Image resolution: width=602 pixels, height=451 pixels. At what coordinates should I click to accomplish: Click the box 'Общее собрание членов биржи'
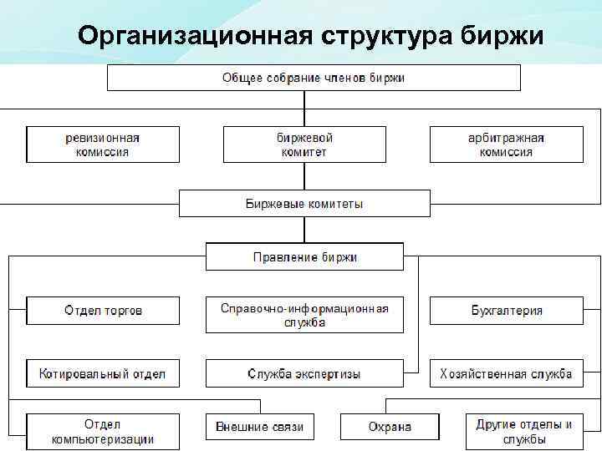pyautogui.click(x=313, y=78)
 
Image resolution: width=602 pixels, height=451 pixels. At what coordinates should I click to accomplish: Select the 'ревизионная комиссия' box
pyautogui.click(x=103, y=144)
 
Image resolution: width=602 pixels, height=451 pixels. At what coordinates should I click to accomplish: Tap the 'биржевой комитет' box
pyautogui.click(x=304, y=144)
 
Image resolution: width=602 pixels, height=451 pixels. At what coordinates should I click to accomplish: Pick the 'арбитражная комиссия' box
pyautogui.click(x=506, y=144)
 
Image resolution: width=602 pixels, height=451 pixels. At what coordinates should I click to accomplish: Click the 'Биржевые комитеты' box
pyautogui.click(x=304, y=203)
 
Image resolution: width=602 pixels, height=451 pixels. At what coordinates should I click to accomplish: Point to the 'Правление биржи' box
pyautogui.click(x=304, y=256)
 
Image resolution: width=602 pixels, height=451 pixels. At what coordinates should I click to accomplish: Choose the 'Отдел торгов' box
pyautogui.click(x=103, y=310)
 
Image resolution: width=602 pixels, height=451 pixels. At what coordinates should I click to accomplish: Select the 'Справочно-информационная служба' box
pyautogui.click(x=304, y=315)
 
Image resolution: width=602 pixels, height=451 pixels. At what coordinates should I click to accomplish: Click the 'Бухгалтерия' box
pyautogui.click(x=506, y=310)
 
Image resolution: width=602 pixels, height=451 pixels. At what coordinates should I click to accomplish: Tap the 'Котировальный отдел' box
pyautogui.click(x=103, y=373)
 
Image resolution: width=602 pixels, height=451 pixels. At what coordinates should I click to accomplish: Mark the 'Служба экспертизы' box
pyautogui.click(x=304, y=373)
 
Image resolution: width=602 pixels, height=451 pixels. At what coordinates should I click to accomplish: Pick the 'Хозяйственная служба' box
pyautogui.click(x=506, y=373)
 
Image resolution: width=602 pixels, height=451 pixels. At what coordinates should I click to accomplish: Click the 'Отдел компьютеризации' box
pyautogui.click(x=103, y=431)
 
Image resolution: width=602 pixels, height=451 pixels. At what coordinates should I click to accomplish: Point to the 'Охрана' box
pyautogui.click(x=390, y=426)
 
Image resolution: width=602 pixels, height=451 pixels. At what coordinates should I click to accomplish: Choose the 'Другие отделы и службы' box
pyautogui.click(x=523, y=431)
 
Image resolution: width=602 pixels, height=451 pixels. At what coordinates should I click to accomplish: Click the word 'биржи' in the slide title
pyautogui.click(x=503, y=36)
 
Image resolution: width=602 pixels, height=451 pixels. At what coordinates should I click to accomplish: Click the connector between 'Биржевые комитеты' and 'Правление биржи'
pyautogui.click(x=304, y=230)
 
